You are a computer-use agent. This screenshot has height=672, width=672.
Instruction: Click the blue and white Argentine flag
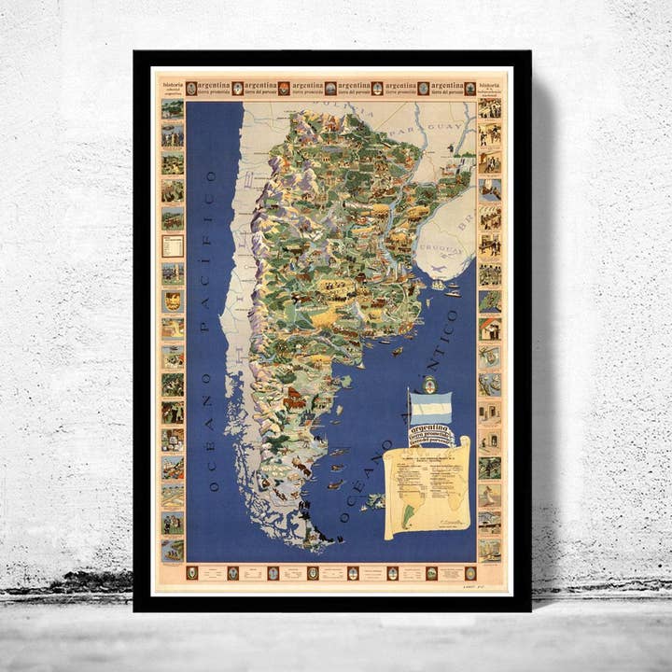pyautogui.click(x=431, y=408)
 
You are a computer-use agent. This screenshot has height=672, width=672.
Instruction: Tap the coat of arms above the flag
pyautogui.click(x=430, y=385)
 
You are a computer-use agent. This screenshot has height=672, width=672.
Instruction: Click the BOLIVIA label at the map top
pyautogui.click(x=342, y=107)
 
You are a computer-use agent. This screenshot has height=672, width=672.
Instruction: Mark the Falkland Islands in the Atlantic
pyautogui.click(x=374, y=501)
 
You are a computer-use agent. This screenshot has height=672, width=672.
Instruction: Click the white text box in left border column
pyautogui.click(x=173, y=245)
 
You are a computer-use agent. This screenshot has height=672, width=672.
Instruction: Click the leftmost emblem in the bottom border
pyautogui.click(x=191, y=573)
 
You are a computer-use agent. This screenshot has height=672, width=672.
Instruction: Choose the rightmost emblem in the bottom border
pyautogui.click(x=470, y=573)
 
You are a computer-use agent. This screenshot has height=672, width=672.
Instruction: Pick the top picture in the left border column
pyautogui.click(x=173, y=110)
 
